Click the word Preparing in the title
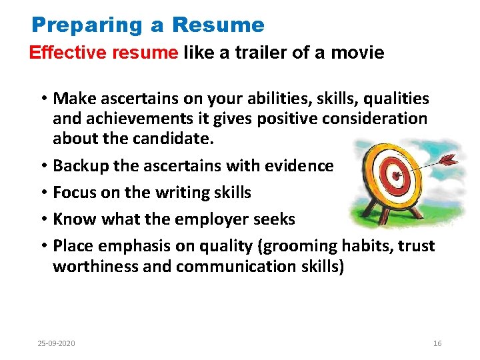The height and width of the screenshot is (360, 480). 87,25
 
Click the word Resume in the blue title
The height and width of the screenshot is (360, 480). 218,25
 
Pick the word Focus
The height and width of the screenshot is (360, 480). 72,193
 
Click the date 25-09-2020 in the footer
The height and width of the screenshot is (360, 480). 56,343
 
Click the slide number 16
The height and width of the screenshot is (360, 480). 437,343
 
